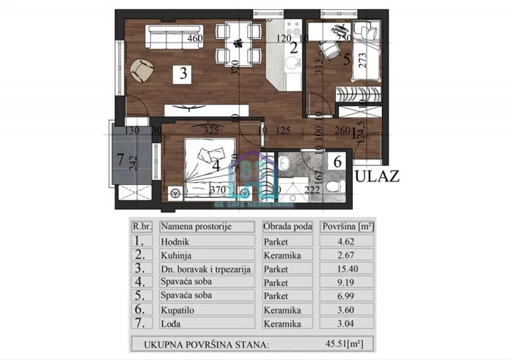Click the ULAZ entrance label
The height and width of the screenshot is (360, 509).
(x=377, y=176)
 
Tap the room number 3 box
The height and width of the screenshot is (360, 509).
(x=183, y=73)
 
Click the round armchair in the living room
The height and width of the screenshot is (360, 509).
(x=141, y=70)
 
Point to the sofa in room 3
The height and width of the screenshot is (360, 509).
(x=174, y=37)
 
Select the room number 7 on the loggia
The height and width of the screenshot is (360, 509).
(x=120, y=160)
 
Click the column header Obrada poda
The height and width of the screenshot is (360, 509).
(x=288, y=227)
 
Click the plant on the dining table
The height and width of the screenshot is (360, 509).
(x=238, y=43)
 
